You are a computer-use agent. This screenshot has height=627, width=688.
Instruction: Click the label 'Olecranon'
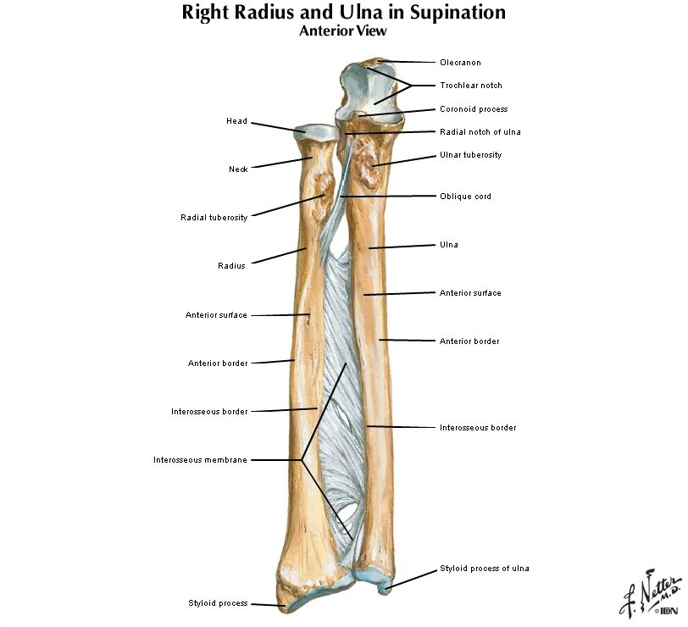tap(459, 62)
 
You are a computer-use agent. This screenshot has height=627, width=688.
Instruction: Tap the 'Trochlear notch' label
tap(470, 85)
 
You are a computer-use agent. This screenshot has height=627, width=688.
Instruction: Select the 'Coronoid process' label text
tap(473, 109)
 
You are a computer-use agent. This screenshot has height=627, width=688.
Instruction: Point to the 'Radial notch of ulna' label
tap(480, 131)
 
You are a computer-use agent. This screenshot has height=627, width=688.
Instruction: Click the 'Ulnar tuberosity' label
tap(470, 155)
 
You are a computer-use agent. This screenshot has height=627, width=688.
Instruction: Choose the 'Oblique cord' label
tap(465, 197)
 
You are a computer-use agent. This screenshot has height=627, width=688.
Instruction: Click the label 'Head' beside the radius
tap(236, 121)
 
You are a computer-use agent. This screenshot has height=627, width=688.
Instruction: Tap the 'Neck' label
tap(238, 169)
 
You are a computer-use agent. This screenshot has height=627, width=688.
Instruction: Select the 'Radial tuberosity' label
tap(214, 218)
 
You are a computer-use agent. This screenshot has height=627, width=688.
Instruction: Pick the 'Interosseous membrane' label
tap(201, 460)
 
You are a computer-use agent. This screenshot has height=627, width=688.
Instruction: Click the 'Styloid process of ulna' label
tap(484, 569)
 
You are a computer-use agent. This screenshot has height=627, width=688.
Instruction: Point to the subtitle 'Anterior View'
tap(343, 31)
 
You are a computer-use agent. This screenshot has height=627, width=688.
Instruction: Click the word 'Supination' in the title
tap(455, 13)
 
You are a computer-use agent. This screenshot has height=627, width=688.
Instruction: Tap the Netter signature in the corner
tap(651, 591)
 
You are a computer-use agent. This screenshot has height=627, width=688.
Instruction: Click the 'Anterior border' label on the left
tap(218, 363)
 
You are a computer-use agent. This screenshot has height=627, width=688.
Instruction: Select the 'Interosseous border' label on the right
tap(478, 428)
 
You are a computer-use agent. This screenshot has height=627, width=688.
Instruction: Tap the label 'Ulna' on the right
tap(448, 245)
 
